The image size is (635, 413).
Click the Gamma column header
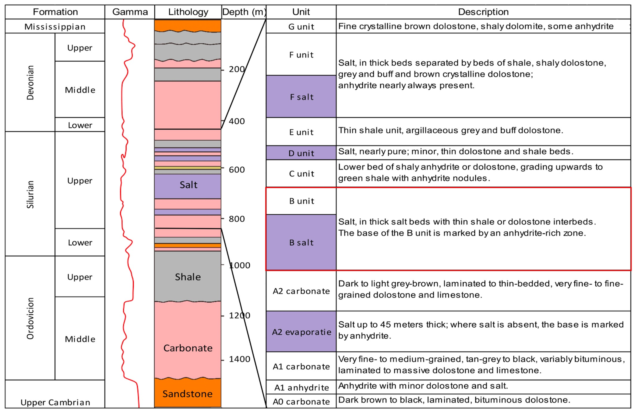(x=130, y=12)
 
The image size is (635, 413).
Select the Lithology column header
(x=188, y=12)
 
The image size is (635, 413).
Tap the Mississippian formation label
(x=55, y=27)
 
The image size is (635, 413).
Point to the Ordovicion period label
(x=30, y=318)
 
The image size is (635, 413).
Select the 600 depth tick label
(x=237, y=170)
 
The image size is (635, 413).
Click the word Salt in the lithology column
(x=188, y=185)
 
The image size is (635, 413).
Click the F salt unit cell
(x=301, y=97)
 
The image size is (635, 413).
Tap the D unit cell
(x=301, y=153)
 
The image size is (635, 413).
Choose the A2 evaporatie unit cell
(x=301, y=332)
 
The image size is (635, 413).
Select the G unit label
(x=301, y=27)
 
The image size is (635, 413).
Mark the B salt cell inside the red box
(x=301, y=242)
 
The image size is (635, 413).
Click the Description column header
(x=483, y=12)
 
